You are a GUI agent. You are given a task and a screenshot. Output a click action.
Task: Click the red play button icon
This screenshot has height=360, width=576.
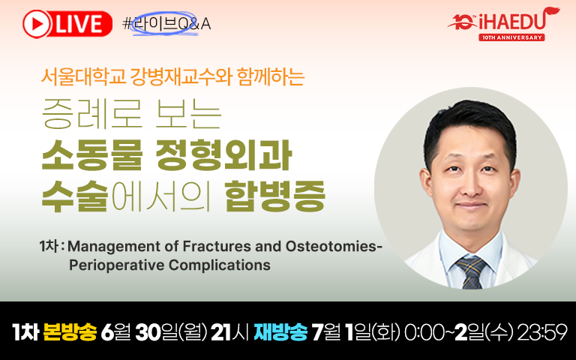pyautogui.click(x=36, y=24)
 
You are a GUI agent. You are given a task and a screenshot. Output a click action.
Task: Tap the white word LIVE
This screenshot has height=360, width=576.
pyautogui.click(x=79, y=24)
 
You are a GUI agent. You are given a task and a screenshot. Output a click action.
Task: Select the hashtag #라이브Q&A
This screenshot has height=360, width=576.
pyautogui.click(x=166, y=24)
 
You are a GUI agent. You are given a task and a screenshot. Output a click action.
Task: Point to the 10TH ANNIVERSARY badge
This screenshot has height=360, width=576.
pyautogui.click(x=511, y=37)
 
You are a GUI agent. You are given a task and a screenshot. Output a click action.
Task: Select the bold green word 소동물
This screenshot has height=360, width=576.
pyautogui.click(x=91, y=155)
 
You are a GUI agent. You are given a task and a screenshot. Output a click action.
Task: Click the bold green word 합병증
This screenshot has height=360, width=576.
pyautogui.click(x=275, y=196)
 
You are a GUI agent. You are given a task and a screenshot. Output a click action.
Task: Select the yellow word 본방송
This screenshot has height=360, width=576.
pyautogui.click(x=70, y=332)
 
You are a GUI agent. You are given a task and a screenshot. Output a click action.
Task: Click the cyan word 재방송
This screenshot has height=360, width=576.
pyautogui.click(x=280, y=332)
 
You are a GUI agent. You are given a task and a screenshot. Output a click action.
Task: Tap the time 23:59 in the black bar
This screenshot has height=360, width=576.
pyautogui.click(x=541, y=332)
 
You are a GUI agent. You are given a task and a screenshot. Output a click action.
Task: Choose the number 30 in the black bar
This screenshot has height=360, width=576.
pyautogui.click(x=148, y=332)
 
